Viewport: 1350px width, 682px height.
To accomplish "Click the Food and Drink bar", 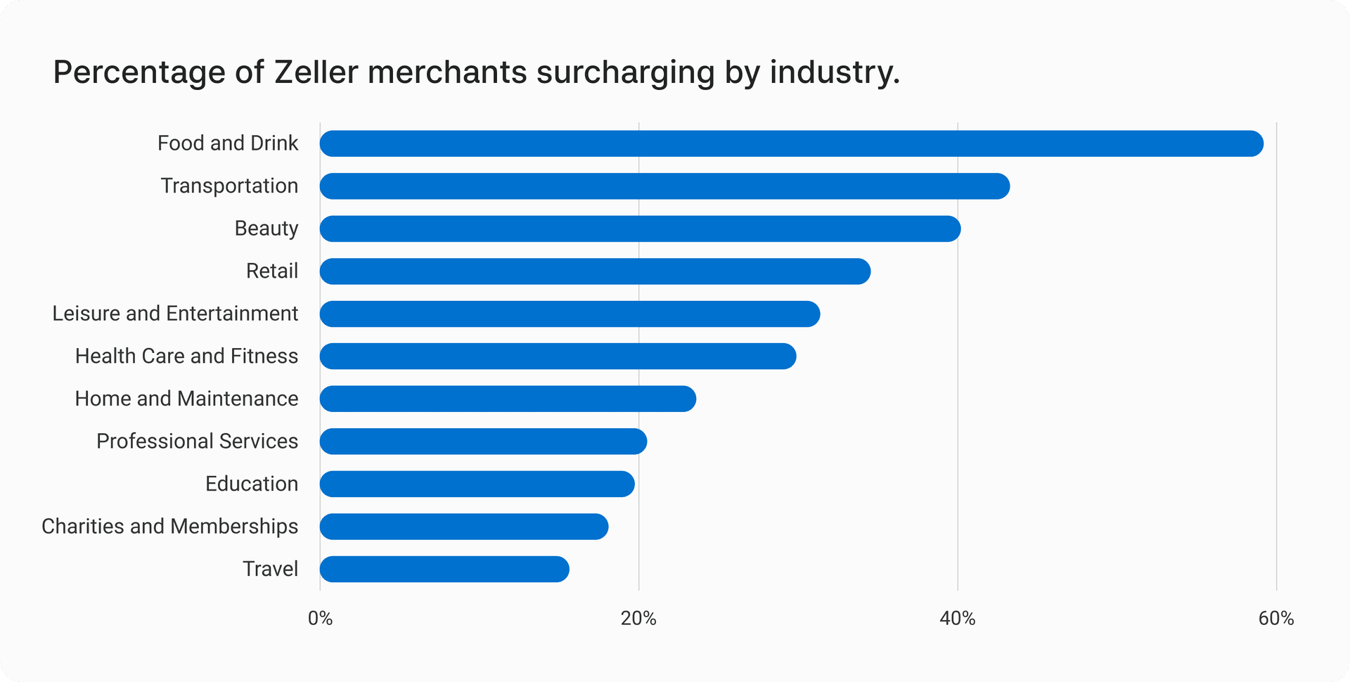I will tap(791, 143).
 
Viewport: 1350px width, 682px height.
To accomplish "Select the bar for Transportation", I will tap(664, 186).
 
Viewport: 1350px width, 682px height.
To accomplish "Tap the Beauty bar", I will tap(640, 229).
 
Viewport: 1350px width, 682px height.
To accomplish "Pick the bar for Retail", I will tap(595, 271).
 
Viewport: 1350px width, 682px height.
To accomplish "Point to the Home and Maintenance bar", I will tap(508, 399).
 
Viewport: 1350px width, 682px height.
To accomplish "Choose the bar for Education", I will tap(477, 484).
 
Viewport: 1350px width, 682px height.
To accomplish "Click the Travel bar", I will tap(444, 569).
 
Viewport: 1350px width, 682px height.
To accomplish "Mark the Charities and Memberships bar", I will tap(464, 527).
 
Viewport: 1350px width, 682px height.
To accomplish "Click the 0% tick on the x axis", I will tap(320, 619).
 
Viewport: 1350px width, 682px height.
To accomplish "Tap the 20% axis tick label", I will tap(638, 619).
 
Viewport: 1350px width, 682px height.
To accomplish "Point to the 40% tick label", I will tap(958, 619).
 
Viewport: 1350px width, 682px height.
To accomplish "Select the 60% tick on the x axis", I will tap(1276, 619).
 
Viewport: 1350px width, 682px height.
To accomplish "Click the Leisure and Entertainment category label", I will tap(175, 314).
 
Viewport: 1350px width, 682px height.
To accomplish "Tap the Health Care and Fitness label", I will tap(186, 356).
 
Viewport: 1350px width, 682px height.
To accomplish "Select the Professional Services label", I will tap(197, 442).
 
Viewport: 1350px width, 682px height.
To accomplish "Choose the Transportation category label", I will tap(229, 186).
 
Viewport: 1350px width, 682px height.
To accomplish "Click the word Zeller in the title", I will tap(316, 72).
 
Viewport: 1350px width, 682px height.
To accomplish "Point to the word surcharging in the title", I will tap(625, 72).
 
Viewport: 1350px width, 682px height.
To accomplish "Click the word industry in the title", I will tap(834, 72).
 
